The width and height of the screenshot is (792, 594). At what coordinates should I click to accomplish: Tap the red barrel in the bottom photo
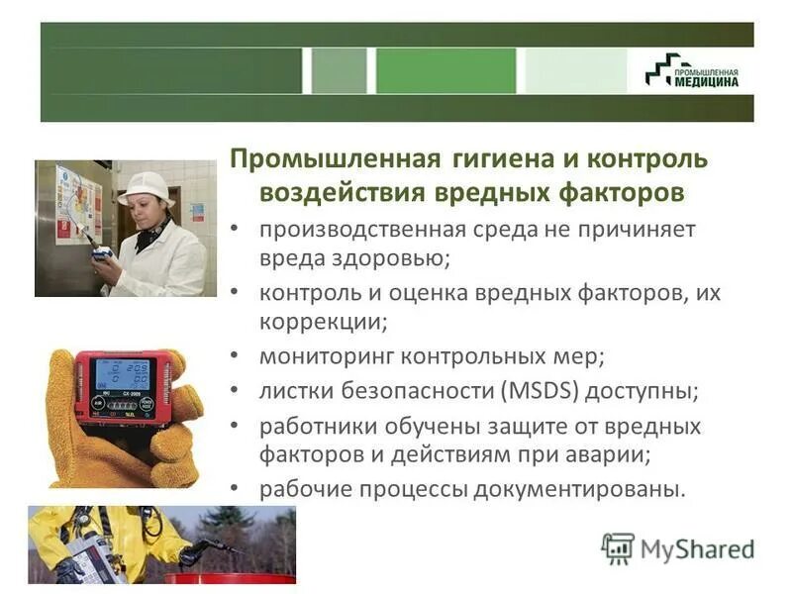coord(229,577)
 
